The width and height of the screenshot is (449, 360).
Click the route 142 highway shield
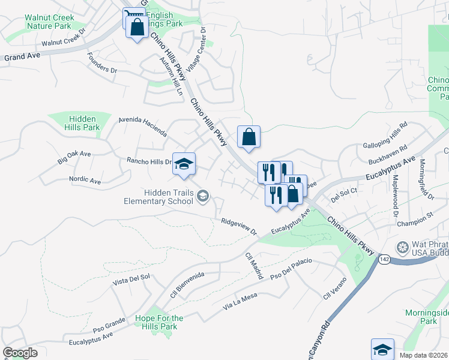[x=385, y=259]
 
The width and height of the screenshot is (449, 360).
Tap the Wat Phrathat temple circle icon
[x=402, y=247]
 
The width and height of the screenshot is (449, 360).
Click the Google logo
[x=20, y=353]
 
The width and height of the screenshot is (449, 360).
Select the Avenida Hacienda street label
[x=142, y=127]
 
